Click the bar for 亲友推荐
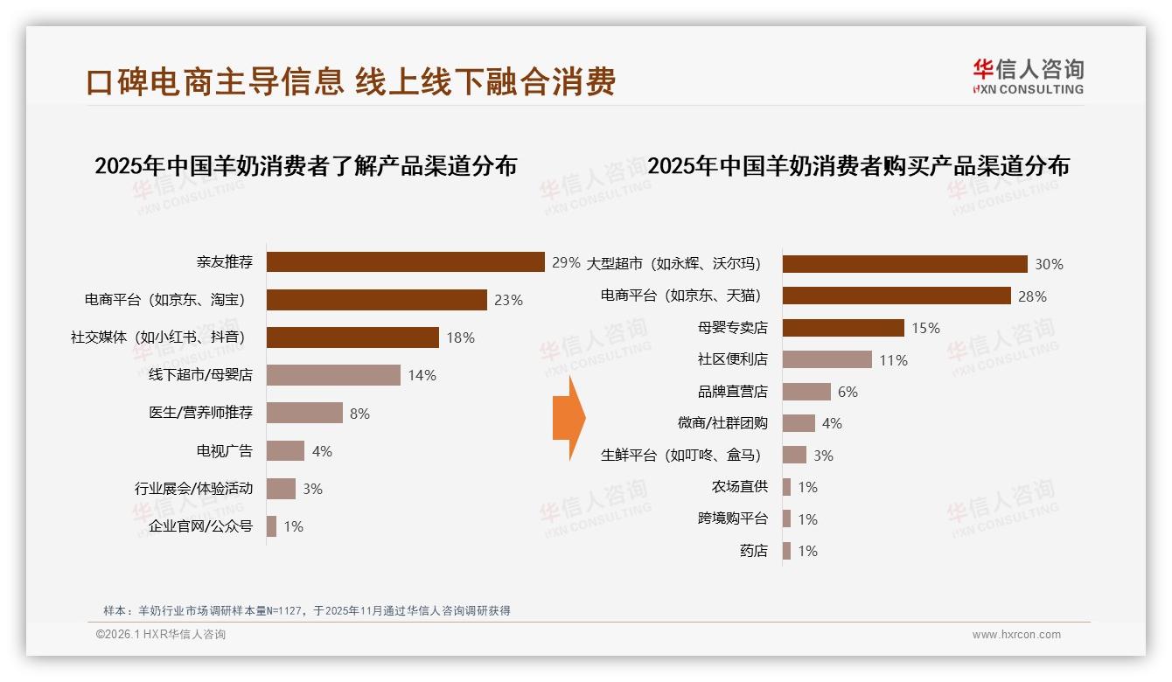(x=405, y=261)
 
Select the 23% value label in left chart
(x=508, y=300)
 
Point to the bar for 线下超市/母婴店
(x=333, y=375)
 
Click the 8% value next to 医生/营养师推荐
(x=359, y=414)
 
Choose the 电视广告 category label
(x=225, y=451)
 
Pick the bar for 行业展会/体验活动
(x=281, y=489)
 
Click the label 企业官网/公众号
(x=200, y=526)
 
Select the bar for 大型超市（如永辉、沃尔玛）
(x=904, y=264)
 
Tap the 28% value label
(x=1032, y=296)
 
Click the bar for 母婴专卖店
(x=843, y=328)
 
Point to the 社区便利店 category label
(x=733, y=359)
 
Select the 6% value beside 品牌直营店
(x=848, y=392)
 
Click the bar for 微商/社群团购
(x=799, y=423)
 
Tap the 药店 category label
(x=753, y=551)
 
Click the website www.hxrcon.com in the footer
(x=1016, y=635)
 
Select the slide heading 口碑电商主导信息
(x=215, y=81)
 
